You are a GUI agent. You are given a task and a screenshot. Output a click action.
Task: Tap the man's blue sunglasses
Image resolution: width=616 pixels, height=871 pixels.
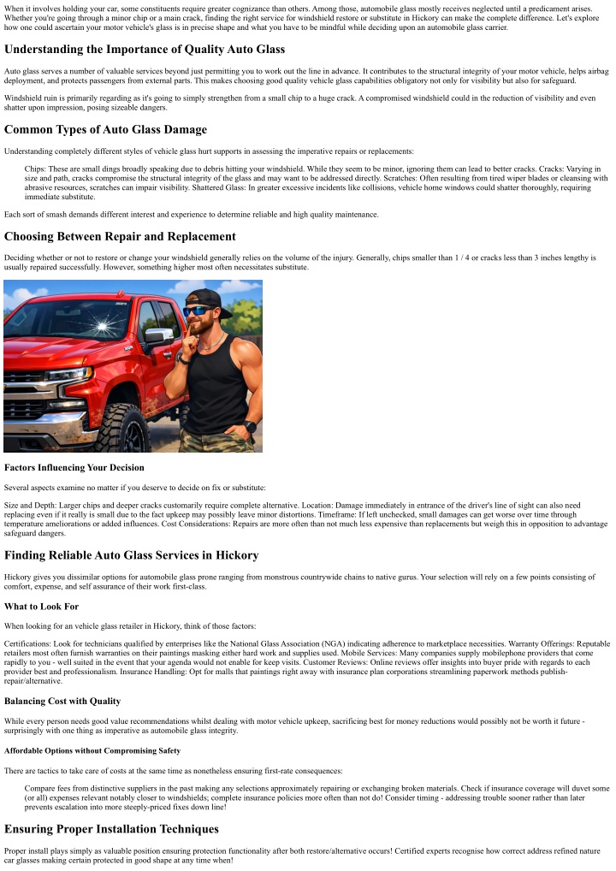click(198, 311)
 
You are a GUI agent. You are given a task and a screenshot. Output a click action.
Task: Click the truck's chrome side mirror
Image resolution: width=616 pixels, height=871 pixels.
click(158, 336)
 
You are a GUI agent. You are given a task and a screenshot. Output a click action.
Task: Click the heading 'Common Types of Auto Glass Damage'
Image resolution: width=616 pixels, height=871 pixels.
click(105, 129)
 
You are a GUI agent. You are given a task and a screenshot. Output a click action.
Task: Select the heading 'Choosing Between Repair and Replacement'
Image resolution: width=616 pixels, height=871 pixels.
click(120, 235)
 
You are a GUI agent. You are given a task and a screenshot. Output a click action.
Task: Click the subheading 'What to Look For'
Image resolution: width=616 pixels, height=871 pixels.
click(41, 607)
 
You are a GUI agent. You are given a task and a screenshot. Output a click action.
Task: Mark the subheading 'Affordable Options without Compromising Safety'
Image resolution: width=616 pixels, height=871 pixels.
click(92, 750)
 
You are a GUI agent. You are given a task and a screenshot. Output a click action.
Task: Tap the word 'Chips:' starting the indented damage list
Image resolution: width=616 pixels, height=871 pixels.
click(39, 169)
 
